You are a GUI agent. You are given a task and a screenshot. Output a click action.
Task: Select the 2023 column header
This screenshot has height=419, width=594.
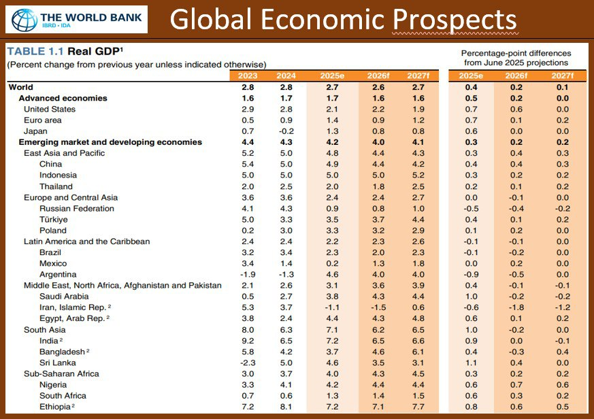(248, 76)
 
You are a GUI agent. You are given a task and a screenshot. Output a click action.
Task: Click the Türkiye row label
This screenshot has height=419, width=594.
(54, 220)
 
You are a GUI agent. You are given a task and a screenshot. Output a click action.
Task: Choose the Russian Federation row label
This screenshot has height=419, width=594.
(77, 208)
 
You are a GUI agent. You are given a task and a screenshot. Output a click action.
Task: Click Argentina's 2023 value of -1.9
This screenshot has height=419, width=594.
(247, 274)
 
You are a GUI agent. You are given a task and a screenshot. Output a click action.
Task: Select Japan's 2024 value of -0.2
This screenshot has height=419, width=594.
(286, 131)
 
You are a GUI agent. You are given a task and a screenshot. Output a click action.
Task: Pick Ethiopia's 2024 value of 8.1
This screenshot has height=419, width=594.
(286, 406)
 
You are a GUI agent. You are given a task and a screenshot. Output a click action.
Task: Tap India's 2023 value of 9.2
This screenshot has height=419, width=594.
(248, 340)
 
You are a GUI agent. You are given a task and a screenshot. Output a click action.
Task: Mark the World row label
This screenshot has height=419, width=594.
(20, 87)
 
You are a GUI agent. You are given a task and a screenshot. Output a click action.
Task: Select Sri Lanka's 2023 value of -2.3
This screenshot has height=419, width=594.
(247, 363)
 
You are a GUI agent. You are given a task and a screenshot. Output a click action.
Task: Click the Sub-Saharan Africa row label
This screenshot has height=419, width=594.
(61, 373)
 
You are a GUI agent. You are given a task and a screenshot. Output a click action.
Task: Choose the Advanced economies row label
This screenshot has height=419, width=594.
(63, 98)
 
